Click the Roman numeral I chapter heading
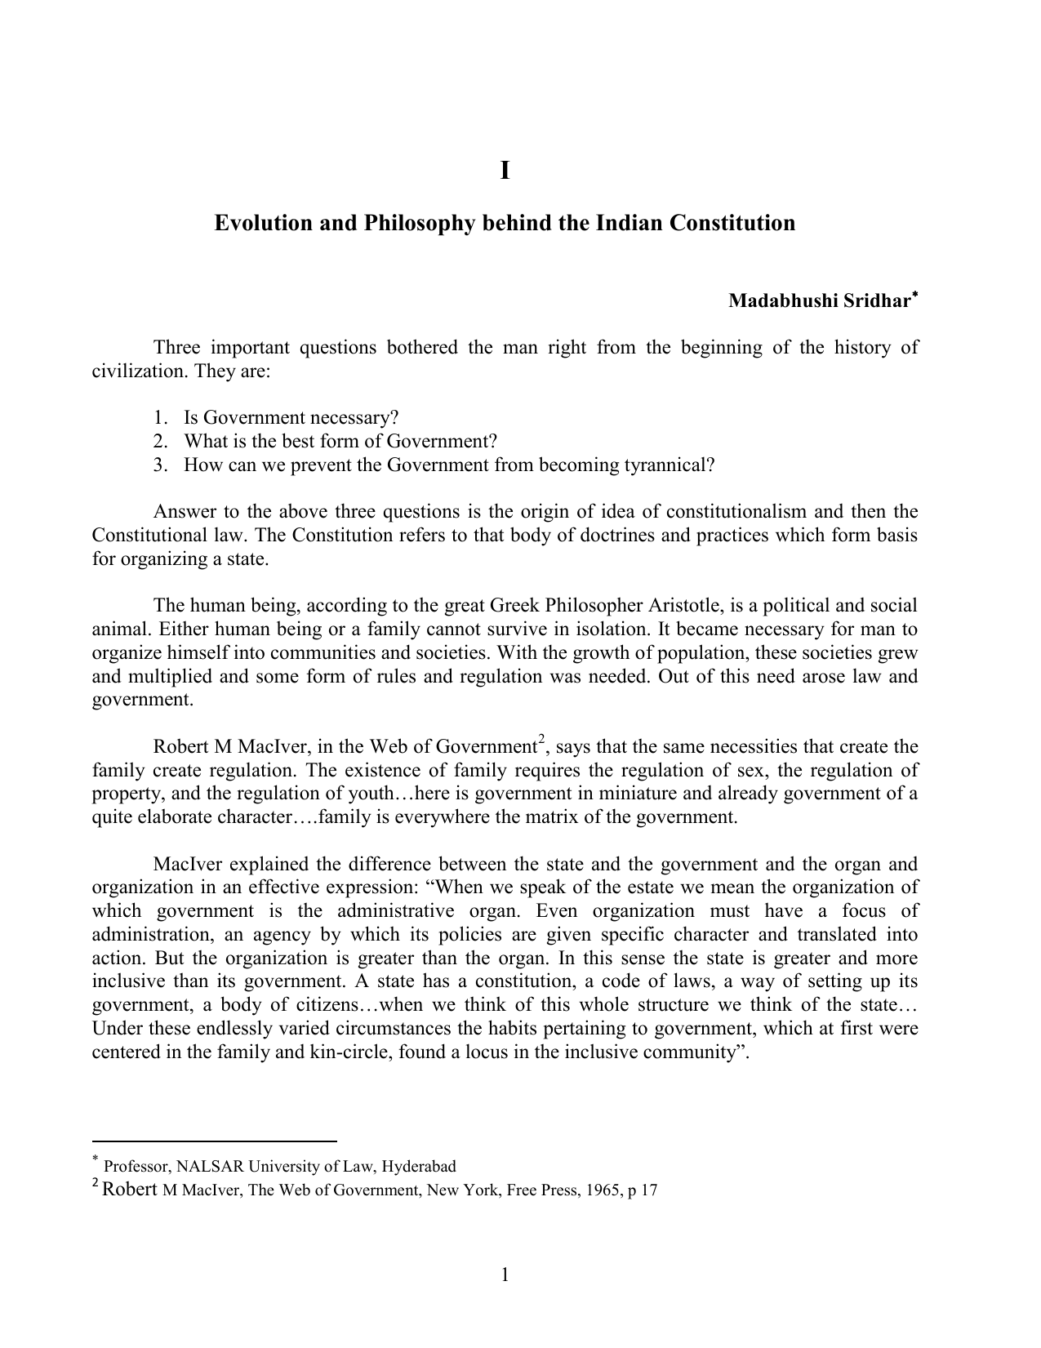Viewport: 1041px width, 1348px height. click(505, 171)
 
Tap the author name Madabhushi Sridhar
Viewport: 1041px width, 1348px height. click(818, 301)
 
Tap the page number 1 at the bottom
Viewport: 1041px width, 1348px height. click(505, 1275)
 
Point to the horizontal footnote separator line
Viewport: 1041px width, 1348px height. click(214, 1141)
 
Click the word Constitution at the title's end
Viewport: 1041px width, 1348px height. click(732, 223)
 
